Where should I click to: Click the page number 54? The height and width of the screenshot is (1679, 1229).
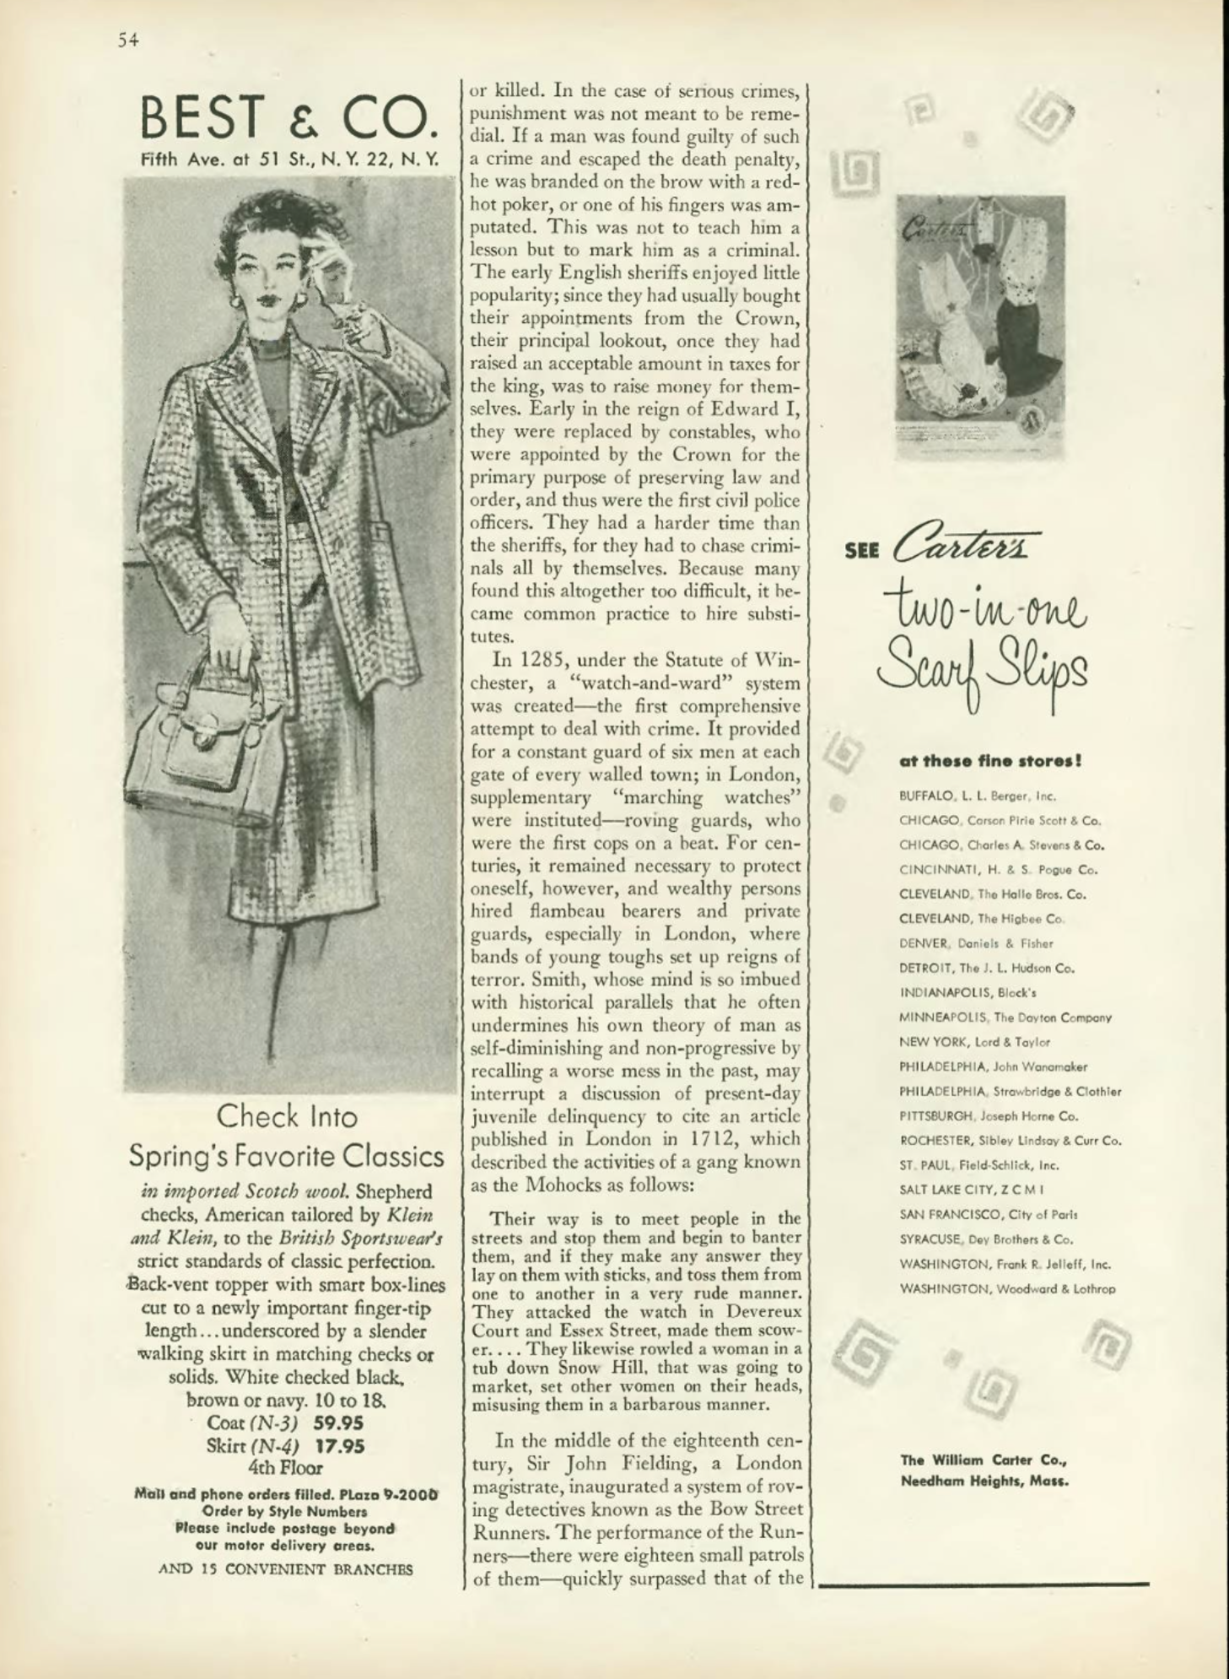(x=128, y=40)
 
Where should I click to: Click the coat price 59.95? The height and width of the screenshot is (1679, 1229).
(x=339, y=1422)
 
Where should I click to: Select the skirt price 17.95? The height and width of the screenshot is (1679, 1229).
(x=339, y=1445)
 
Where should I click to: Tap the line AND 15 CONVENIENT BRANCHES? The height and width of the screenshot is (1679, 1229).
(x=286, y=1570)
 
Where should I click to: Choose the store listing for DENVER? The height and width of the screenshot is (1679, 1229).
(x=976, y=943)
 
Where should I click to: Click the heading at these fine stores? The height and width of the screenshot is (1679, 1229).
(x=990, y=760)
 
